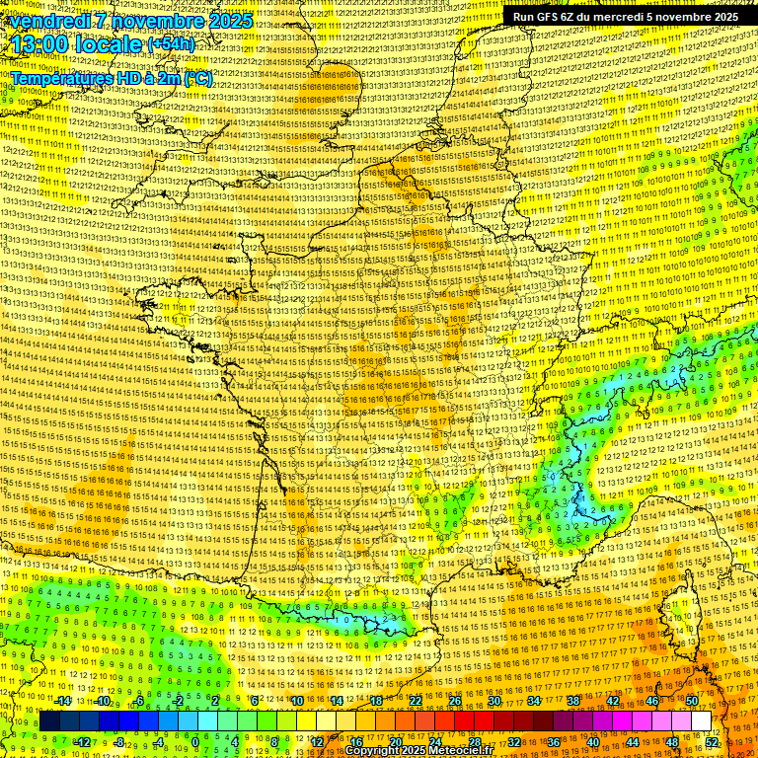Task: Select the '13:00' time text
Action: tap(41, 44)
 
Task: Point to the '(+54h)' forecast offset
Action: tap(171, 45)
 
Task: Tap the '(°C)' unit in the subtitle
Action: tap(195, 77)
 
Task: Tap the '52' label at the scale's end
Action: tap(712, 741)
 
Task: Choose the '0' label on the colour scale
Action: tap(195, 741)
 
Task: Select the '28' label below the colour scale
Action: tap(474, 741)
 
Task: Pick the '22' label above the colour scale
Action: tap(416, 701)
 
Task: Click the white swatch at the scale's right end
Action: tap(701, 721)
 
